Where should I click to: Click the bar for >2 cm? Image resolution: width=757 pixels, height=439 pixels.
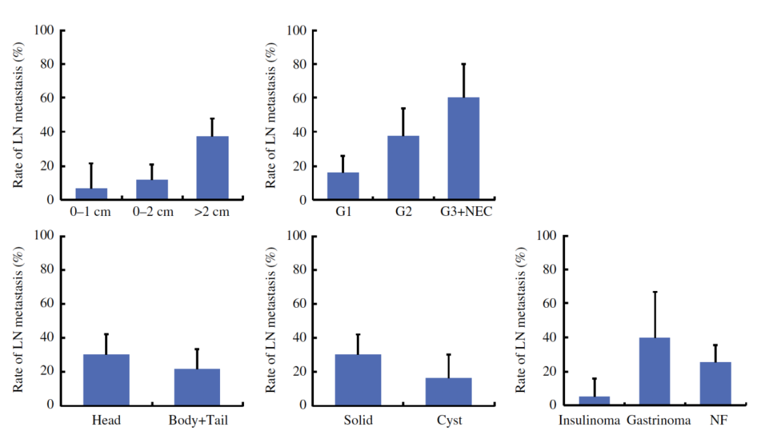tap(212, 168)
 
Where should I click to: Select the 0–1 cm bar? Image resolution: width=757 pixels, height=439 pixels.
tap(91, 194)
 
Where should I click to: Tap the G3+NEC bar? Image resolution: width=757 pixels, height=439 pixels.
tap(463, 149)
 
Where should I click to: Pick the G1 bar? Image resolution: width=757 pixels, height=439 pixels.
tap(343, 186)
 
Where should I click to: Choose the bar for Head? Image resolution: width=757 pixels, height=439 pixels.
tap(106, 379)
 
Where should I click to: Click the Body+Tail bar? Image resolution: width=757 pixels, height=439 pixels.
tap(197, 386)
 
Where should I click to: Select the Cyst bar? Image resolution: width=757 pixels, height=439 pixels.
tap(449, 391)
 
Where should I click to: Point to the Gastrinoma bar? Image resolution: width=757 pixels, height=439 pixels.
tap(654, 371)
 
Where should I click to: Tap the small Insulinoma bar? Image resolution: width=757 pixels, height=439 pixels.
tap(594, 400)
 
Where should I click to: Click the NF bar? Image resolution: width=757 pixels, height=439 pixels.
tap(715, 384)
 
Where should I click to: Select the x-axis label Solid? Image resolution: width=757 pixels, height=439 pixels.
tap(357, 421)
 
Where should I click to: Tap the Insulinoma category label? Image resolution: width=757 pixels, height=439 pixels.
tap(589, 421)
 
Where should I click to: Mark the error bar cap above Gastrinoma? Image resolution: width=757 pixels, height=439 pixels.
tap(654, 292)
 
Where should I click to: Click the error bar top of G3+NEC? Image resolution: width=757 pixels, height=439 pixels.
tap(463, 64)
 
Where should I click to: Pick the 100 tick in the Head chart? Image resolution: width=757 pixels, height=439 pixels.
tap(44, 236)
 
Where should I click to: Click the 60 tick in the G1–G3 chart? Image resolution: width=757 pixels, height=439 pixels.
tap(296, 98)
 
